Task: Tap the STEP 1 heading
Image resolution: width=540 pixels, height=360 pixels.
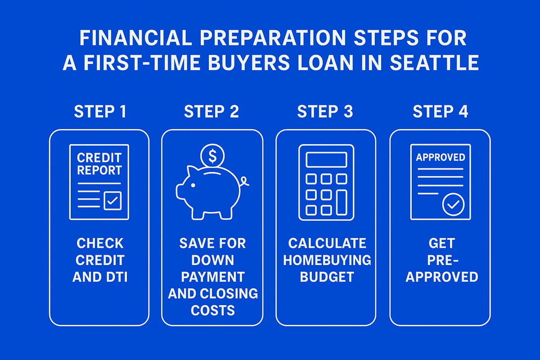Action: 100,112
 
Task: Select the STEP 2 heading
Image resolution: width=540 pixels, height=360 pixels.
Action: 211,112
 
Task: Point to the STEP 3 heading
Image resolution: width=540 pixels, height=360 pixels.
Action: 325,112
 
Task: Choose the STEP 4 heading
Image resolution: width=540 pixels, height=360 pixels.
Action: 440,112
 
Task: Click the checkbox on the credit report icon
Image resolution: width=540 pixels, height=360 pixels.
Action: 112,201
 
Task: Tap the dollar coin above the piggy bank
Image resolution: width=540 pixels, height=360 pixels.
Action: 212,155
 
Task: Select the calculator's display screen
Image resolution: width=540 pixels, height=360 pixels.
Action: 326,160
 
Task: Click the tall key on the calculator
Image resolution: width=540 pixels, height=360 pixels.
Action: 342,202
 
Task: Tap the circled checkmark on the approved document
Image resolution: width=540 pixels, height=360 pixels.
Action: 453,205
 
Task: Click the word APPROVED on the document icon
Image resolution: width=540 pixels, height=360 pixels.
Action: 441,157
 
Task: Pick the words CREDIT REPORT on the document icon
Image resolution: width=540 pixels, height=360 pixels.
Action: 99,164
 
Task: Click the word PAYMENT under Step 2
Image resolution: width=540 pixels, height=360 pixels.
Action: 212,277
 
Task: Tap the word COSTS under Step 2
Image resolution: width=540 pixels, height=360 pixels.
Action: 212,310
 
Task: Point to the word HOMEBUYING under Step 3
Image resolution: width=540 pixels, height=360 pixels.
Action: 327,260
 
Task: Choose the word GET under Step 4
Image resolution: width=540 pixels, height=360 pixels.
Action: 441,243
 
